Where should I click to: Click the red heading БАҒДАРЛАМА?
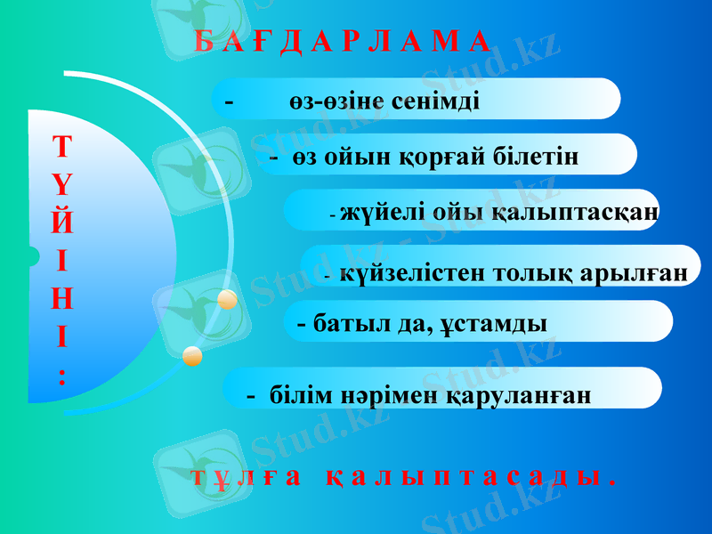(x=341, y=42)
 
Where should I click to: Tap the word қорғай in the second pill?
(x=436, y=158)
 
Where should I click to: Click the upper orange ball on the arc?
(x=227, y=300)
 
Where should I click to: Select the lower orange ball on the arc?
(x=192, y=357)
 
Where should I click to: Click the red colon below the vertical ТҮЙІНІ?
(x=61, y=374)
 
